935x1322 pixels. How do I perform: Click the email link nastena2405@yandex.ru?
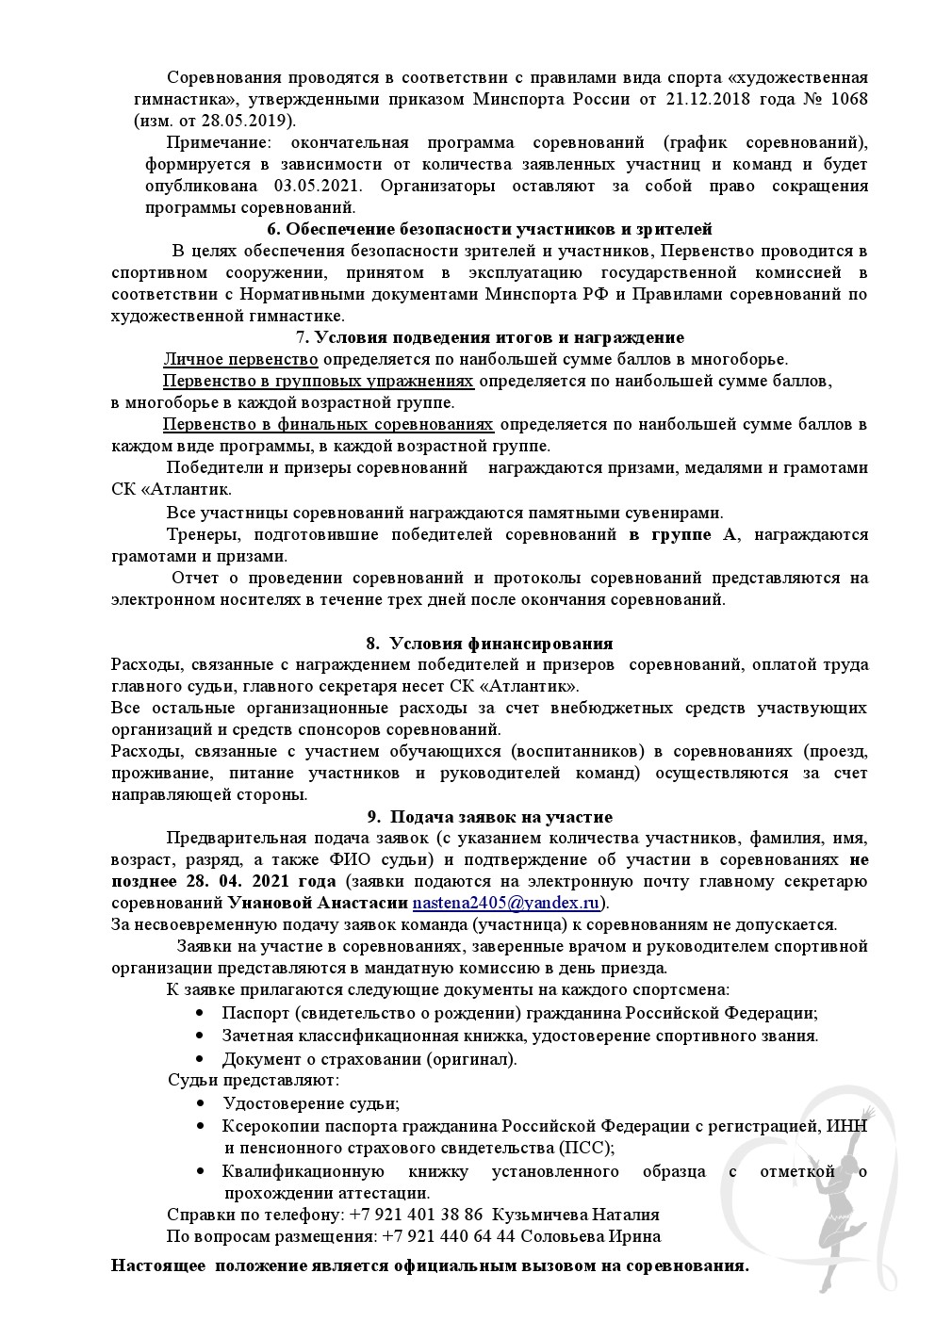507,902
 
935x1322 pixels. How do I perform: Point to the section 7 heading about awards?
489,337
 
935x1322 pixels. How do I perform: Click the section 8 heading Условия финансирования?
489,644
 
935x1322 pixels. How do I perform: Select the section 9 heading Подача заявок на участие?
489,817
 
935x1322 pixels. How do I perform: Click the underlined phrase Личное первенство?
240,359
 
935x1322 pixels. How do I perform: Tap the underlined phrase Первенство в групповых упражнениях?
318,381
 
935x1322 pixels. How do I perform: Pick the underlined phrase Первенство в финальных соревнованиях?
327,424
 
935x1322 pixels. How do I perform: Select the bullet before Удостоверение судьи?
200,1103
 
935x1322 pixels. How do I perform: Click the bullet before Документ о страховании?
200,1058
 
